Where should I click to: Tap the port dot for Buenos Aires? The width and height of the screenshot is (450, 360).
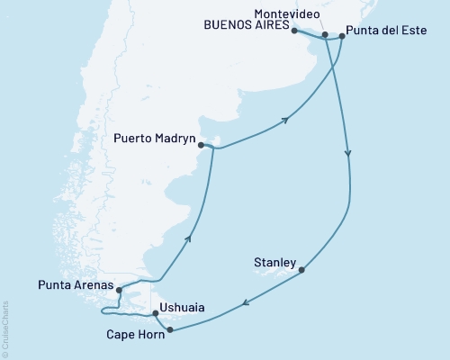(294, 31)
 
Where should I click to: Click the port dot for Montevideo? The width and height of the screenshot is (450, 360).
(325, 35)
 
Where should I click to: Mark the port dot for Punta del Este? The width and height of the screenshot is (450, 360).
(342, 37)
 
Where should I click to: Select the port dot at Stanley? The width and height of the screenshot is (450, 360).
(302, 269)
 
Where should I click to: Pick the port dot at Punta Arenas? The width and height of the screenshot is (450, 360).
(118, 290)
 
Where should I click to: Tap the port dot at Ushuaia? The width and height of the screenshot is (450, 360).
(156, 313)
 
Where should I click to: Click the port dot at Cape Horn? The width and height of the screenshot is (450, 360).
(169, 329)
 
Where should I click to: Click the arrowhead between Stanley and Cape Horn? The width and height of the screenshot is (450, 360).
(243, 306)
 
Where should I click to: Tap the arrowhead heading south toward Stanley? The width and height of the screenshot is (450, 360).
(348, 155)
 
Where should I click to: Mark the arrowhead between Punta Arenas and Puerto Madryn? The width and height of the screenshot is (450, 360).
(189, 238)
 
